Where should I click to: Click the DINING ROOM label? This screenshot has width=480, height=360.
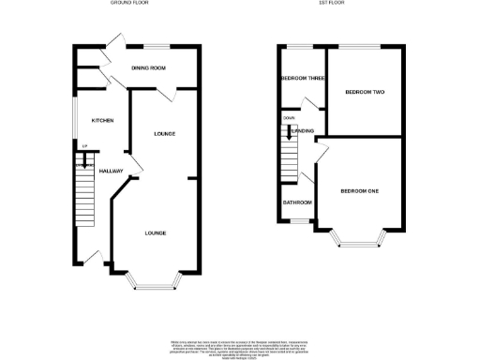click(x=148, y=68)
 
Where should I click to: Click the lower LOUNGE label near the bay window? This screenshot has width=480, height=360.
click(x=156, y=232)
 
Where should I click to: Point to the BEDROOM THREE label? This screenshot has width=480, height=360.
click(x=302, y=79)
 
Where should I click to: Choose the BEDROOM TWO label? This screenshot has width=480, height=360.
click(x=364, y=92)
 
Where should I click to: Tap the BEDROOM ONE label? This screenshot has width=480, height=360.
click(x=359, y=191)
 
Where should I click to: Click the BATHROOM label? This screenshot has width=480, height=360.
click(x=297, y=202)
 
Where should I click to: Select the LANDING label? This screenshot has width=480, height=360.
click(x=303, y=130)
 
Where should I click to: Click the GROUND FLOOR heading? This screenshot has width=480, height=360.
click(x=129, y=4)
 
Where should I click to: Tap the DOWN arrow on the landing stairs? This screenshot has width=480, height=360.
click(x=288, y=133)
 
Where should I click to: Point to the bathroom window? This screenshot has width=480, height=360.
click(x=299, y=221)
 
